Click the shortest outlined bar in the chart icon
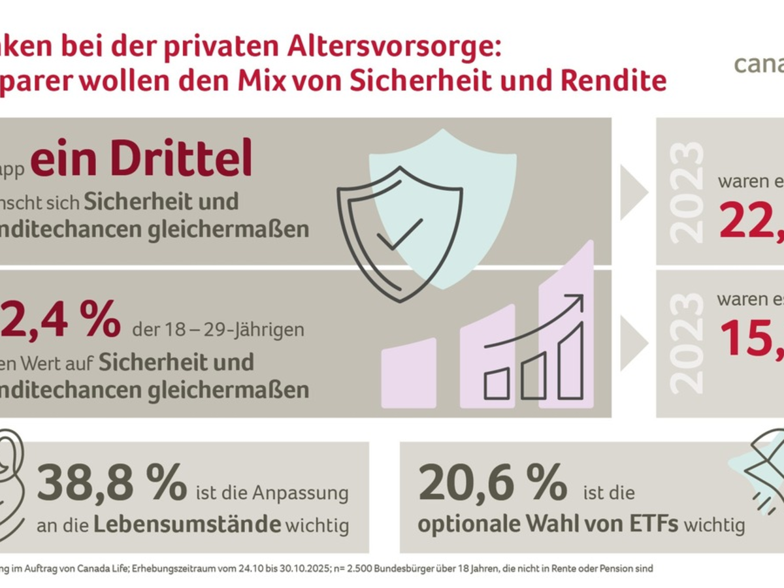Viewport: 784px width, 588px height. coord(497,384)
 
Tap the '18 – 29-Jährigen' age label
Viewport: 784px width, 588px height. coord(218,329)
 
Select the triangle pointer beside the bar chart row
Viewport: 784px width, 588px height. coord(631,343)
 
